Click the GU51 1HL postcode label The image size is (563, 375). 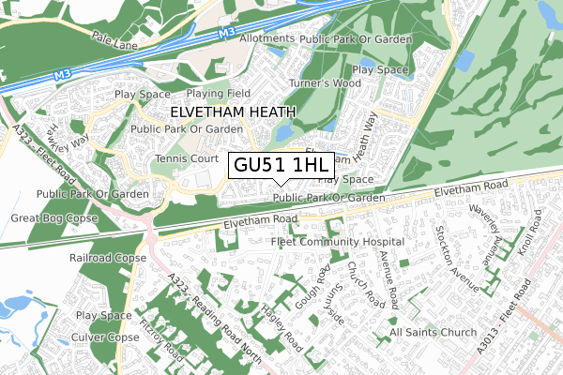click(x=281, y=164)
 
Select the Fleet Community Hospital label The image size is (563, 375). click(x=337, y=242)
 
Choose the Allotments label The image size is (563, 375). click(x=267, y=39)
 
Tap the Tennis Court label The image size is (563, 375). click(x=186, y=159)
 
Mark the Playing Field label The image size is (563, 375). click(x=217, y=94)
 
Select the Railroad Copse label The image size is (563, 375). click(x=107, y=256)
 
